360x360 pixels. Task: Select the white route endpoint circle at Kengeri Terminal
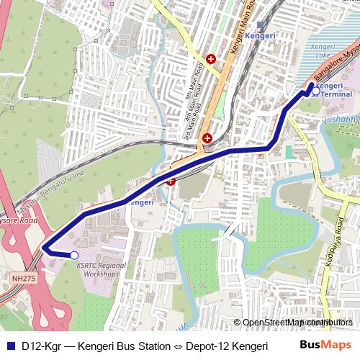(315, 91)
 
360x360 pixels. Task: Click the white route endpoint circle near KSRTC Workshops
(74, 255)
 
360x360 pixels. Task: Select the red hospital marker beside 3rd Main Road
(207, 138)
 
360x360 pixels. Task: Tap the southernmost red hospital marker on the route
(171, 181)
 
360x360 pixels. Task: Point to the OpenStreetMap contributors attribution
(293, 323)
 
